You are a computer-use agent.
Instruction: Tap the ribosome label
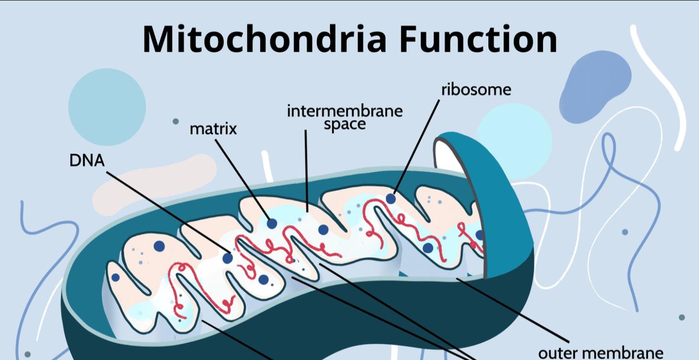pyautogui.click(x=476, y=90)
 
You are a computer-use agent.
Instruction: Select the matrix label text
pyautogui.click(x=213, y=129)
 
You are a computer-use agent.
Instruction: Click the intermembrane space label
pyautogui.click(x=345, y=118)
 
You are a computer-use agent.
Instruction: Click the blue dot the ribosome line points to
pyautogui.click(x=391, y=198)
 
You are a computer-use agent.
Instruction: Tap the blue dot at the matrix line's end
pyautogui.click(x=272, y=223)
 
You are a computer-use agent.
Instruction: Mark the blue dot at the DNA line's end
pyautogui.click(x=228, y=258)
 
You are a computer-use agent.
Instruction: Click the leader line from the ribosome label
pyautogui.click(x=416, y=146)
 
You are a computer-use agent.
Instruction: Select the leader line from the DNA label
pyautogui.click(x=168, y=215)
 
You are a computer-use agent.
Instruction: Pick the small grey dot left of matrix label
pyautogui.click(x=176, y=121)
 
